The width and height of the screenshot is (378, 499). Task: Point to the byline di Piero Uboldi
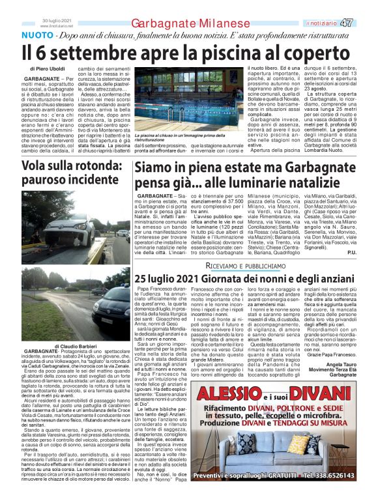tap(48, 68)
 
